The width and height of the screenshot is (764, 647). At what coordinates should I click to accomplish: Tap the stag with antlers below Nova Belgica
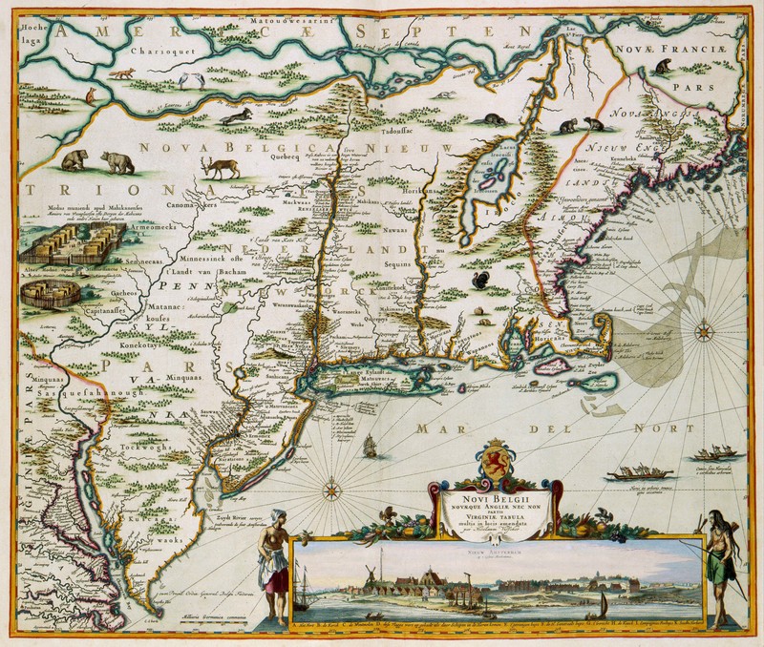pos(221,166)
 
